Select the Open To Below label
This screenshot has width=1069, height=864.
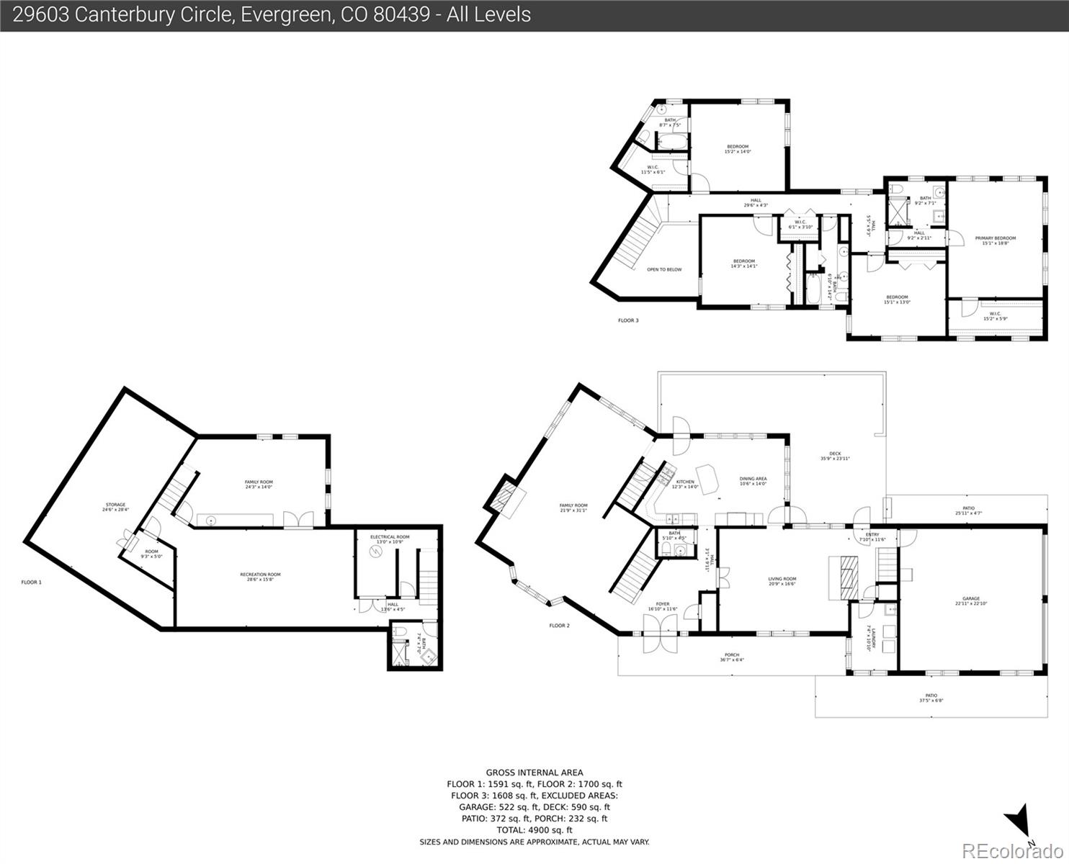(663, 270)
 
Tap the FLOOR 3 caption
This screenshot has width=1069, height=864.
(628, 320)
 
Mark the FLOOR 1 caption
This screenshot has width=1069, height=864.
(31, 582)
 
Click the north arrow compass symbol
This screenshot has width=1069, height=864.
(1019, 822)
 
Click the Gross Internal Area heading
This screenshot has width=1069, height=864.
(534, 773)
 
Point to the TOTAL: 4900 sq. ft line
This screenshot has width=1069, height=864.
(534, 830)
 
